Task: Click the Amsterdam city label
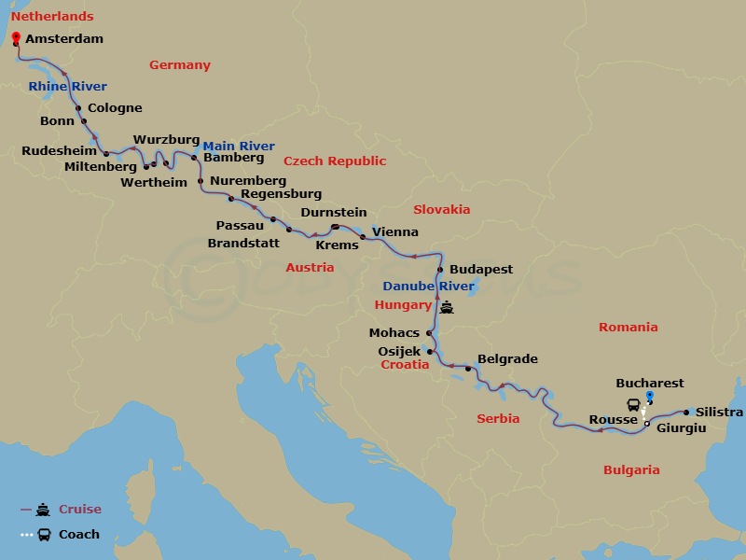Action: coord(64,39)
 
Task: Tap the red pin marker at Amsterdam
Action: coord(16,38)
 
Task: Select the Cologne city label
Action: coord(115,108)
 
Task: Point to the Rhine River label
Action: coord(67,87)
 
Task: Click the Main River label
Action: coord(239,147)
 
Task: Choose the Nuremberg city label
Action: coord(248,180)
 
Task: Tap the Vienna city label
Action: coord(394,232)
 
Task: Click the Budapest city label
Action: coord(481,270)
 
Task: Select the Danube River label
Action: coord(429,286)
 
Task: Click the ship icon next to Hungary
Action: coord(448,306)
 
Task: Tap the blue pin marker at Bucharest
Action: coord(650,398)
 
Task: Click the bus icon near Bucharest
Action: coord(634,404)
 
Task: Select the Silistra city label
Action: coord(719,413)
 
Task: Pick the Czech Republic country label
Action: coord(335,161)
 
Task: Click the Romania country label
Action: coord(628,328)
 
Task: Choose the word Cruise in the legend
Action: coord(80,510)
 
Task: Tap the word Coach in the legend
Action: coord(79,535)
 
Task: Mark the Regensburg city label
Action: coord(281,194)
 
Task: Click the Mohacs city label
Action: coord(395,332)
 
